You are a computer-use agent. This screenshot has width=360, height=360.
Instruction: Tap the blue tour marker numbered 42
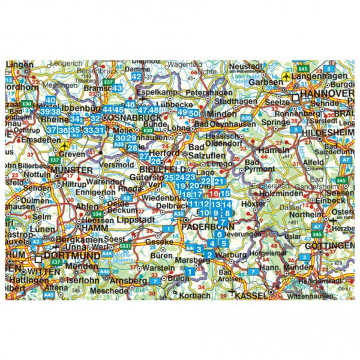coord(137,76)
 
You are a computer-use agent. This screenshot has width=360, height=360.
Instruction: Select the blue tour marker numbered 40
coord(50,101)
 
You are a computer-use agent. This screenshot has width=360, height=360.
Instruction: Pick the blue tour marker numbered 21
coord(219,182)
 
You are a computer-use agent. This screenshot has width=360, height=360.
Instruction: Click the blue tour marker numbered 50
coord(194,112)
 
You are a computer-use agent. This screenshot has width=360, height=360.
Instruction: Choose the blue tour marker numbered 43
coord(117,88)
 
